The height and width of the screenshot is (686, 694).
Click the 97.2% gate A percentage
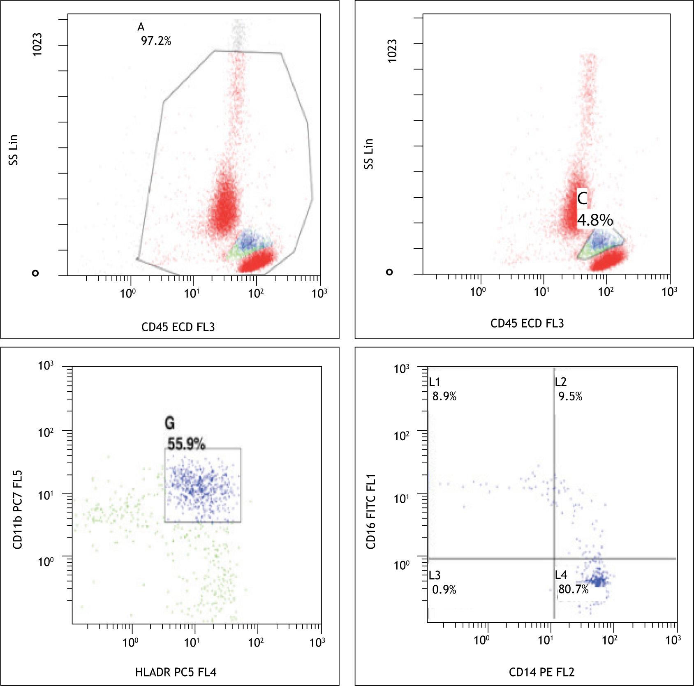tap(156, 41)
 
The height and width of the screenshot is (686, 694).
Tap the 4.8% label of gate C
tap(595, 220)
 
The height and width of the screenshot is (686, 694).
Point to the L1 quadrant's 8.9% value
tap(444, 396)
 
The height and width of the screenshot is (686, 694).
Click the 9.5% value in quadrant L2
tap(570, 396)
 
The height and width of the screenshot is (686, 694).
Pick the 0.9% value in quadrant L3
tap(444, 589)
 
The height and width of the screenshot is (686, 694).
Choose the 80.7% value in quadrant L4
tap(573, 589)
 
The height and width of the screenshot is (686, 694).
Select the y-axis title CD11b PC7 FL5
tap(17, 509)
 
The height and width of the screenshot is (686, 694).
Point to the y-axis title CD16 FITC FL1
tap(371, 511)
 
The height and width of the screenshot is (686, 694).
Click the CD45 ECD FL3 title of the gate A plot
tap(178, 327)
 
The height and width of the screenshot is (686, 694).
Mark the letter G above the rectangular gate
tap(169, 423)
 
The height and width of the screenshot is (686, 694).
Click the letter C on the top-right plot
tap(582, 199)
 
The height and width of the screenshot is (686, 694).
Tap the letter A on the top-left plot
tap(141, 27)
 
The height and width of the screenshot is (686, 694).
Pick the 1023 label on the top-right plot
tap(393, 51)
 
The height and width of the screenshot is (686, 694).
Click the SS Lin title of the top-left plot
tap(14, 150)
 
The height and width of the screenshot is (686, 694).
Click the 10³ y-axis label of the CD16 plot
tap(401, 368)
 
